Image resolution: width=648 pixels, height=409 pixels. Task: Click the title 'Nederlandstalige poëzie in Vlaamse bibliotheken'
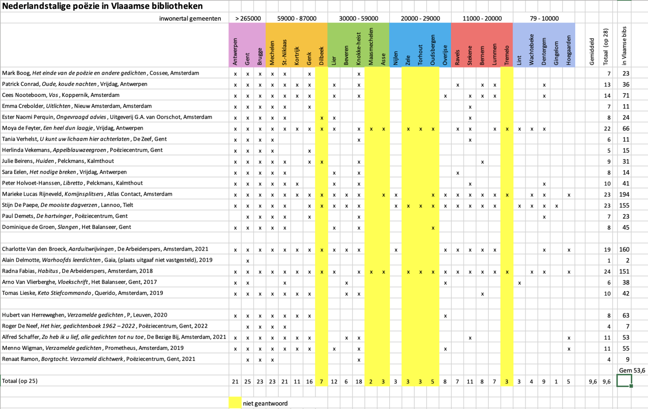(102, 6)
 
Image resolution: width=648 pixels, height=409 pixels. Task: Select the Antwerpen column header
(235, 52)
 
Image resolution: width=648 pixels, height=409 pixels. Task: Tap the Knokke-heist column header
(358, 48)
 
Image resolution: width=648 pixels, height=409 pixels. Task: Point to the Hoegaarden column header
(568, 50)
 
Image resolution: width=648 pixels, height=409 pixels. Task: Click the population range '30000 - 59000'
(358, 19)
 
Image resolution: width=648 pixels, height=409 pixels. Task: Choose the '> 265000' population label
(248, 19)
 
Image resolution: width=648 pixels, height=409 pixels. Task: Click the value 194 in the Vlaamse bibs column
(624, 195)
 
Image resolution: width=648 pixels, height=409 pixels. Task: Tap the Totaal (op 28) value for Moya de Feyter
(607, 129)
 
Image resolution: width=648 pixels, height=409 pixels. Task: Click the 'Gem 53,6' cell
(632, 370)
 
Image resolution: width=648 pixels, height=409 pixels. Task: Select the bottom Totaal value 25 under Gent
(247, 382)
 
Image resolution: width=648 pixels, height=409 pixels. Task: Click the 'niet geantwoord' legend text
(265, 403)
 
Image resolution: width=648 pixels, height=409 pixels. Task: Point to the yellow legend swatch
(235, 403)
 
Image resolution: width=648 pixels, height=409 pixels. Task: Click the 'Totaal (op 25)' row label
(20, 381)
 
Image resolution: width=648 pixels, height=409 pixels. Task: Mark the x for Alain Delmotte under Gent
(247, 261)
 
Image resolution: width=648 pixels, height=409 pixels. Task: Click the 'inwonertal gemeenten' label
(190, 19)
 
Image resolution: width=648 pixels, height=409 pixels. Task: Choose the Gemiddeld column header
(592, 52)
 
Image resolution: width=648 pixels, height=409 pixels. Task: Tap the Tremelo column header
(507, 55)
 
